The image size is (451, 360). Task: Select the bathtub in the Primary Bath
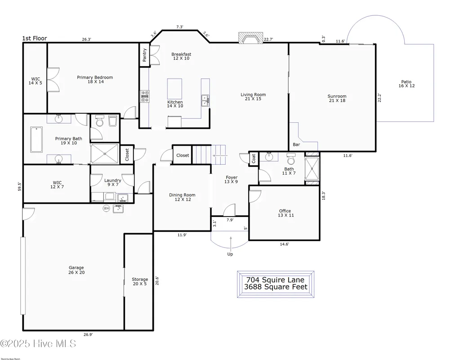coord(36,139)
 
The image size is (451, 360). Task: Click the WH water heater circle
coord(107,208)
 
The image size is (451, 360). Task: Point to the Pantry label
coord(144,55)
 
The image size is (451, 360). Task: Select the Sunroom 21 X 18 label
coord(336,99)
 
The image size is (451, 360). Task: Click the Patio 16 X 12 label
coord(406,84)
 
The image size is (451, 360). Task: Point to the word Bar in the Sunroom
coord(296,145)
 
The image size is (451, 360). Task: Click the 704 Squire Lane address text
coord(276,279)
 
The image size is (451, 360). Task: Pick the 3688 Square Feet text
coord(276,287)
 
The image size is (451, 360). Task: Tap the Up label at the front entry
coord(230,254)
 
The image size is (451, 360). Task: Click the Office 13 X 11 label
coord(285,213)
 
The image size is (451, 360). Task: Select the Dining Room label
coord(182,197)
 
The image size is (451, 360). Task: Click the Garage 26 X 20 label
coord(76,270)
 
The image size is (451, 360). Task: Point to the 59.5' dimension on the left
coord(19,186)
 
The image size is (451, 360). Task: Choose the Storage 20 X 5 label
coord(140,282)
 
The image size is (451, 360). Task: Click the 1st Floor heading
coord(35,39)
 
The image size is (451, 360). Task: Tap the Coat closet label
coord(254,158)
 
